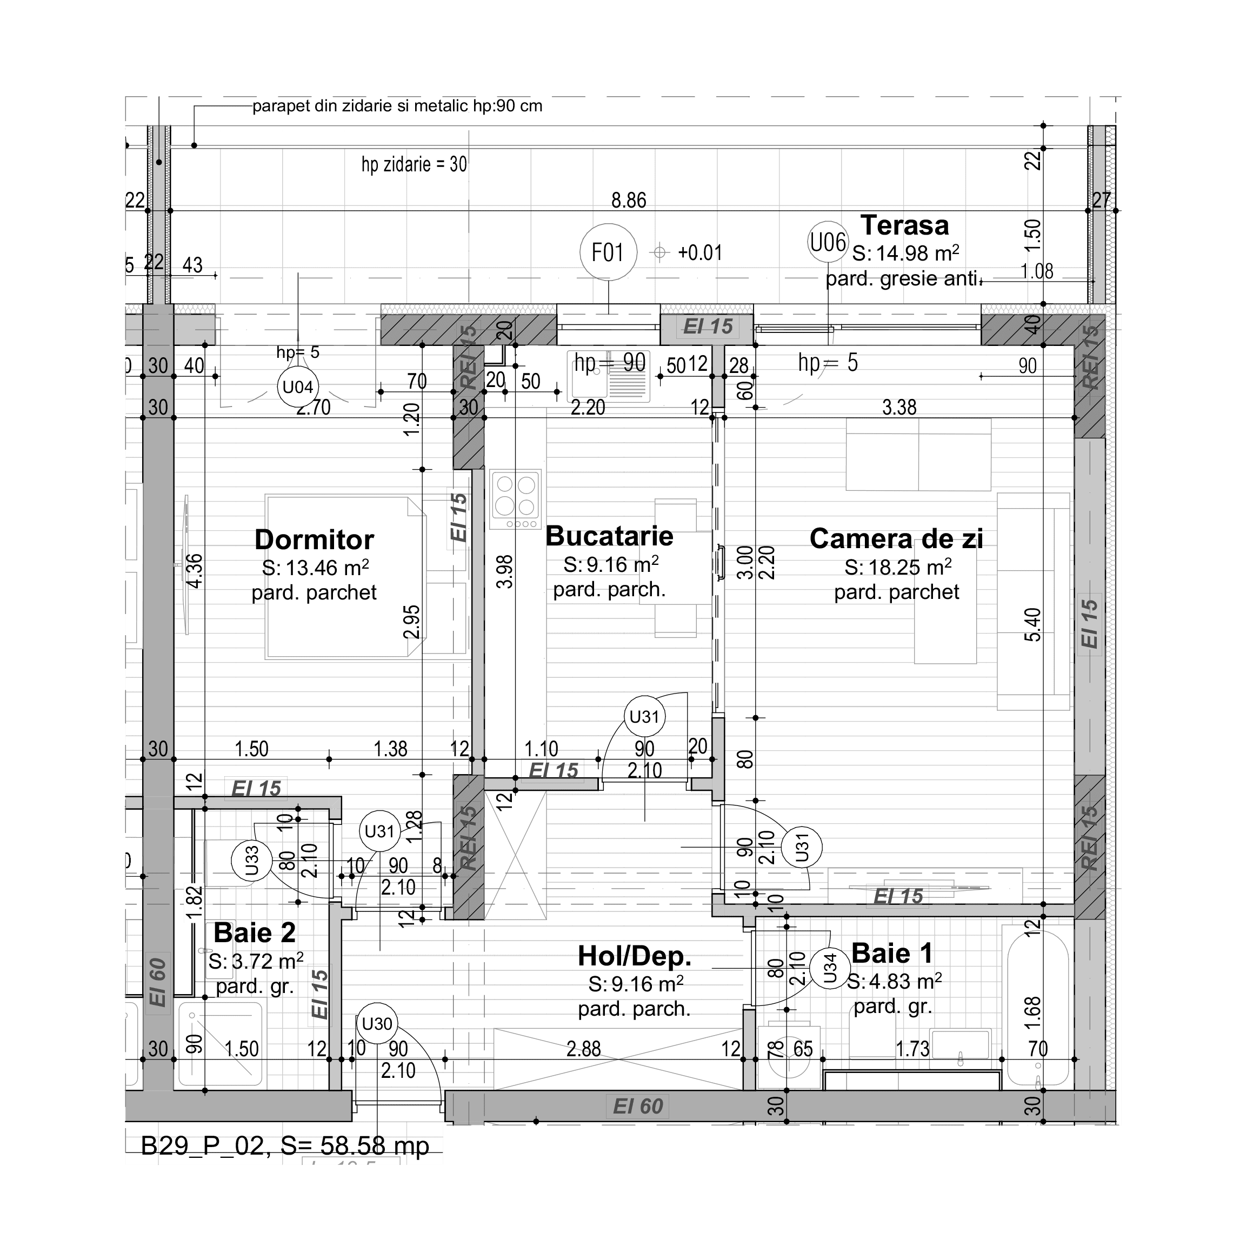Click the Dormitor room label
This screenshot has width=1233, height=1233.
click(314, 540)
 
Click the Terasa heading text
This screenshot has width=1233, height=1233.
click(904, 225)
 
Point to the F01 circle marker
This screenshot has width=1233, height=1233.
click(608, 252)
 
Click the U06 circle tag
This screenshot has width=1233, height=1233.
click(828, 243)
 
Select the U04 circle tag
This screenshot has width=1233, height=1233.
click(297, 386)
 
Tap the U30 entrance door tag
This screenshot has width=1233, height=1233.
click(377, 1024)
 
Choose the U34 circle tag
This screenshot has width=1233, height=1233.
click(830, 968)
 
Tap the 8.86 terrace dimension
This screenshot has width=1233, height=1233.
click(629, 201)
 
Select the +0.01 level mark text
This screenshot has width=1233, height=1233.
click(700, 253)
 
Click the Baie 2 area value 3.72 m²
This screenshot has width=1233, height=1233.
click(255, 961)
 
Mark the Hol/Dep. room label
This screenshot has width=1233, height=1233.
click(635, 956)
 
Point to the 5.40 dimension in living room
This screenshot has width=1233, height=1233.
click(1035, 625)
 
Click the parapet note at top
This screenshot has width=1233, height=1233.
click(397, 106)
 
